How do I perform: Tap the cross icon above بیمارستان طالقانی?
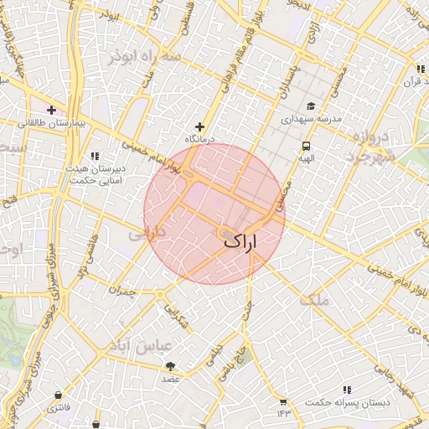pos(52,109)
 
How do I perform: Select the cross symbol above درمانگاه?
pos(199,127)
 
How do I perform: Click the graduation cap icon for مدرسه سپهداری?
pos(311,106)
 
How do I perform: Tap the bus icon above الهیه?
pos(307,144)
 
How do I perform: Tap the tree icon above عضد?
pos(171,366)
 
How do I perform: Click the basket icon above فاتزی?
pos(58,395)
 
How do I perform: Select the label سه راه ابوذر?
pos(143,57)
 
